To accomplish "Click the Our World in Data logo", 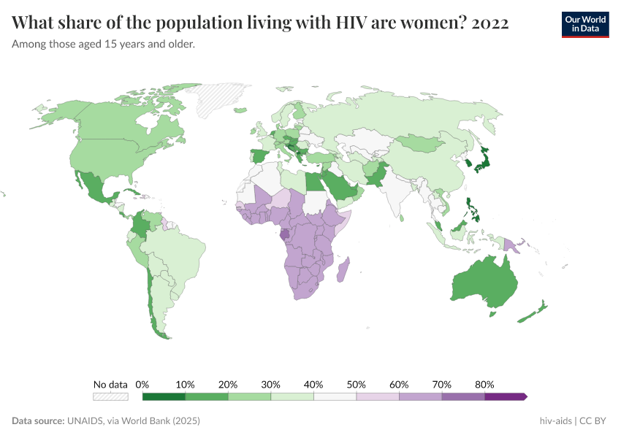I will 585,23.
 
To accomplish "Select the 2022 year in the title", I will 490,23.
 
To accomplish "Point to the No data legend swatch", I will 110,396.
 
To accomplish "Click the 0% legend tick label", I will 142,384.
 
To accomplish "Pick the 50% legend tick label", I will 357,384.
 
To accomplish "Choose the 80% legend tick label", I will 484,384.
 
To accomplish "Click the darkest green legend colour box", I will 164,396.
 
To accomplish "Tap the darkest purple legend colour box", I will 505,396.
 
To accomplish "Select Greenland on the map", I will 224,99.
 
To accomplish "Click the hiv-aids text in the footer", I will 555,421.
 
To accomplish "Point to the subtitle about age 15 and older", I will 103,44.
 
